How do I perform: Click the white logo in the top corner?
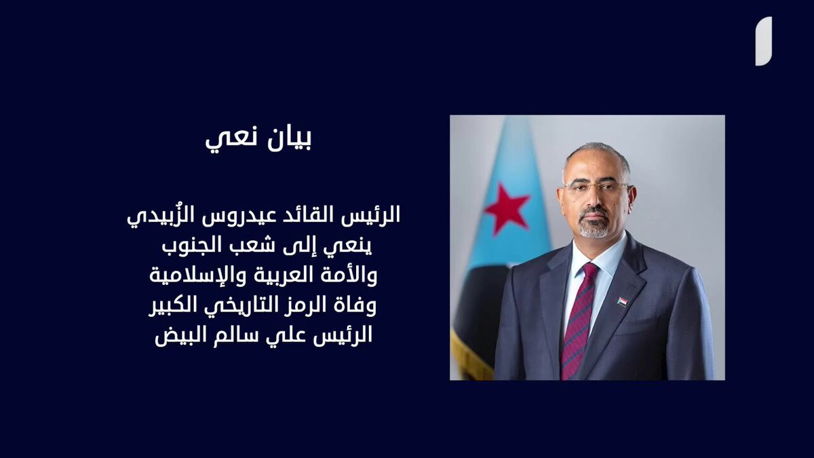pyautogui.click(x=764, y=41)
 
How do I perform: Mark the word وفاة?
pyautogui.click(x=353, y=306)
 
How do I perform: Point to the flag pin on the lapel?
pyautogui.click(x=621, y=302)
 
